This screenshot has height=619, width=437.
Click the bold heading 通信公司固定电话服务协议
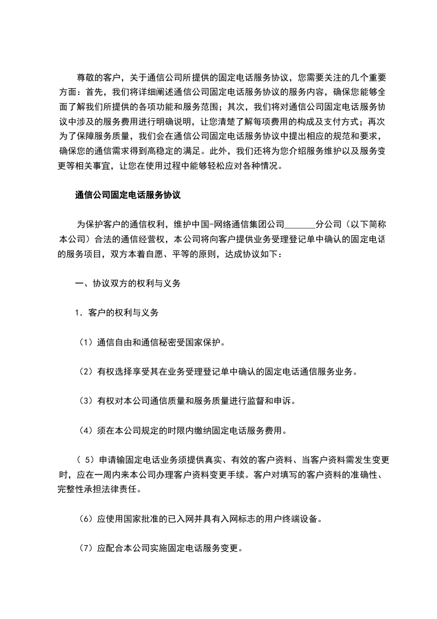(128, 195)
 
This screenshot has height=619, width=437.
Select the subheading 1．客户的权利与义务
(117, 313)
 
